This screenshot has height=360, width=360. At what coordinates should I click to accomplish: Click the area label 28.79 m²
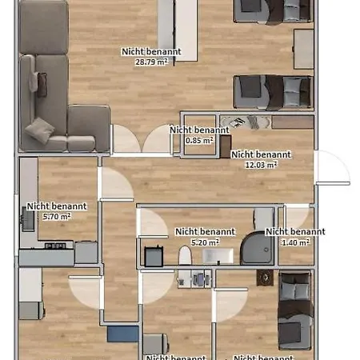click(150, 62)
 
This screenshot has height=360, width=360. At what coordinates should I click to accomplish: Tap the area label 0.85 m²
click(198, 140)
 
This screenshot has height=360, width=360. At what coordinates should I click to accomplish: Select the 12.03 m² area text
click(260, 165)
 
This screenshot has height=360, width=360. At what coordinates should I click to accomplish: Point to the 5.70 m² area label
click(55, 216)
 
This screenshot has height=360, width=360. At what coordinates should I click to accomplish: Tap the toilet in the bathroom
click(186, 255)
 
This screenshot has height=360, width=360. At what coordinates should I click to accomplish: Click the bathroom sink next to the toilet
click(217, 256)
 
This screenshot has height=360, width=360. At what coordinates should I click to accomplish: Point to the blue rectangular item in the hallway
click(122, 333)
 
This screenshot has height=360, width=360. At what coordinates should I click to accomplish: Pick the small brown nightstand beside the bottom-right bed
click(263, 277)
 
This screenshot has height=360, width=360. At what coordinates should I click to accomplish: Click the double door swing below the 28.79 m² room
click(142, 141)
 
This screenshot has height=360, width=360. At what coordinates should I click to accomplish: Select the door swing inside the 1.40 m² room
click(297, 218)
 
